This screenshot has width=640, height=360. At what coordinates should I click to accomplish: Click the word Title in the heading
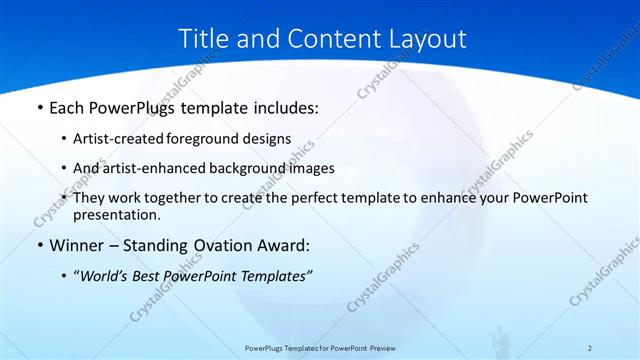(x=203, y=39)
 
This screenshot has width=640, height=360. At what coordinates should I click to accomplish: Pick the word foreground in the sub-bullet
(x=231, y=139)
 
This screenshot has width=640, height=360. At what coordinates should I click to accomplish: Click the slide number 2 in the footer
(x=590, y=348)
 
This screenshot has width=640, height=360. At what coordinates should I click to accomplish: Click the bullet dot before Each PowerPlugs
(x=39, y=106)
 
